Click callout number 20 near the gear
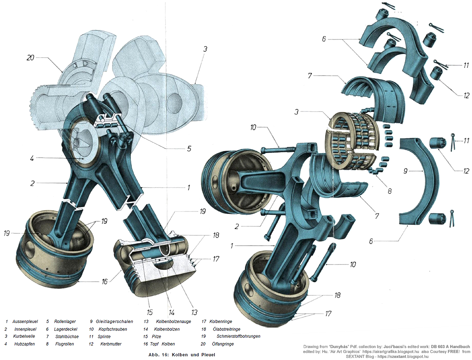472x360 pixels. [x=30, y=58]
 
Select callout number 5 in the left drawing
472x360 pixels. [x=189, y=149]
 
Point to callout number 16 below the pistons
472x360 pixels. [x=105, y=282]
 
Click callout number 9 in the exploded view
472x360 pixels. [x=406, y=171]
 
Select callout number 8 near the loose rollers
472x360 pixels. [x=389, y=191]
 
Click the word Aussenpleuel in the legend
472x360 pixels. [x=24, y=321]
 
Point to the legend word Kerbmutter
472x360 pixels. [x=111, y=344]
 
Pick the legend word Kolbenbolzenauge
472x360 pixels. [x=173, y=321]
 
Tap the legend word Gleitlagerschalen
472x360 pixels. [x=113, y=321]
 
